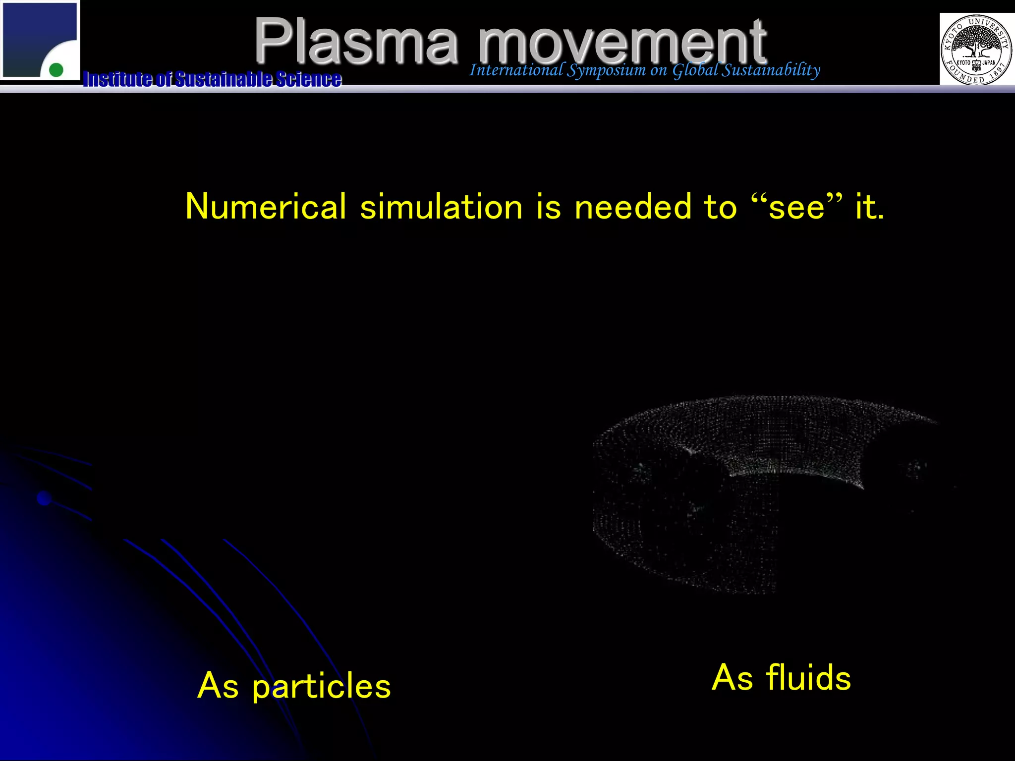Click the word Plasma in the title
(x=355, y=42)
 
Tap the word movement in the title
(x=622, y=42)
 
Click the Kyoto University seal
(x=975, y=50)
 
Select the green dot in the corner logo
(x=56, y=70)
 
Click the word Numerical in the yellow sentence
(x=266, y=207)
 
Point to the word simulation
(x=441, y=207)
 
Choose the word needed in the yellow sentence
(x=632, y=207)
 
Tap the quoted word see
(x=796, y=207)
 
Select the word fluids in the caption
(x=808, y=678)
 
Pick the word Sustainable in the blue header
(x=223, y=79)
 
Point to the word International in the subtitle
(x=516, y=70)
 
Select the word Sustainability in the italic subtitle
(x=770, y=70)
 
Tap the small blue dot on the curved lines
(x=44, y=498)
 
